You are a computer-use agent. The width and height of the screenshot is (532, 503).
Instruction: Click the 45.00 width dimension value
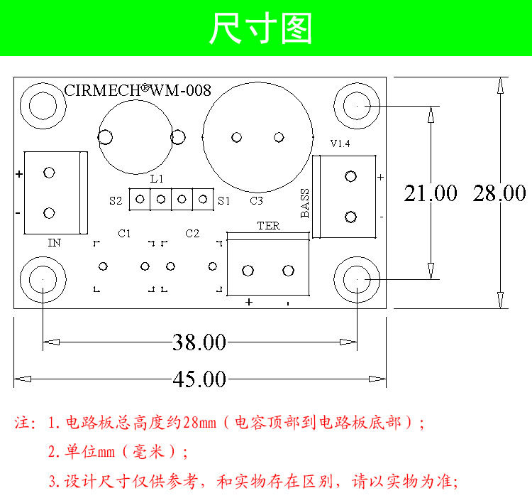199,379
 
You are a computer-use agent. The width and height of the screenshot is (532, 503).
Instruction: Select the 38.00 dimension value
199,343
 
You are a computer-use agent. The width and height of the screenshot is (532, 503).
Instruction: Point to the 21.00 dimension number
431,193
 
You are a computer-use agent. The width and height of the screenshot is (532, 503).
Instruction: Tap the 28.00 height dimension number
499,193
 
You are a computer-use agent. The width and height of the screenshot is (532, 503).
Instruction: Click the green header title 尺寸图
261,29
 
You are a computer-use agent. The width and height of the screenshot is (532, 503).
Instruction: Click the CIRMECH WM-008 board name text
138,90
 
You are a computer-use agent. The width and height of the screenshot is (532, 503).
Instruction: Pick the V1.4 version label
340,144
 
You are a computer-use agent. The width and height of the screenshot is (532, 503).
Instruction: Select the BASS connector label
305,203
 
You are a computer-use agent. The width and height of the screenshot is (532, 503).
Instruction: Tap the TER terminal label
268,226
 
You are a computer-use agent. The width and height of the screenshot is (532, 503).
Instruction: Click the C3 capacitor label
257,201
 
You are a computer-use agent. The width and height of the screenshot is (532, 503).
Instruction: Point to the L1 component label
157,178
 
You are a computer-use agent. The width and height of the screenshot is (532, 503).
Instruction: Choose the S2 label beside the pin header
116,200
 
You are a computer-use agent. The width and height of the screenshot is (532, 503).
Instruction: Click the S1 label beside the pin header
224,200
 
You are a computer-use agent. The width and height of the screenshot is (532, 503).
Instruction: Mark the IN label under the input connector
54,243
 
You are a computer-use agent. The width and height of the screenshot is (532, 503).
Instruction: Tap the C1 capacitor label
125,233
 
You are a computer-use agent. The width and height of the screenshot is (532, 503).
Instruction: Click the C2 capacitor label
192,233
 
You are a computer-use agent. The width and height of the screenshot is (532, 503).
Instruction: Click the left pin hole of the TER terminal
248,271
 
